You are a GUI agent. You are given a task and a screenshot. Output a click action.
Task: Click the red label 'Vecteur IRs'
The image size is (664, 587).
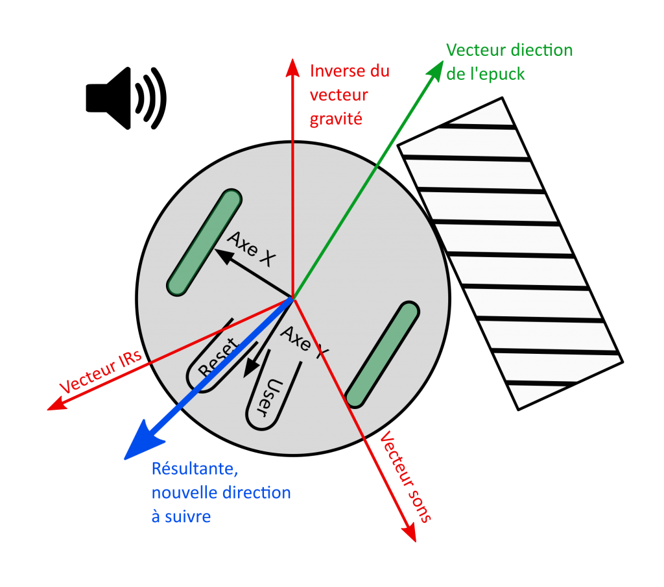tap(101, 374)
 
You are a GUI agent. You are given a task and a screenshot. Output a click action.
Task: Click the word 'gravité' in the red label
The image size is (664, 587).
tap(335, 119)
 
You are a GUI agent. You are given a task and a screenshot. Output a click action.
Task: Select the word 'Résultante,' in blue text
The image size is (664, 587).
tap(198, 468)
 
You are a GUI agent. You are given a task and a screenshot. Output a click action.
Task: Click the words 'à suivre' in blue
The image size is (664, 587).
tap(181, 517)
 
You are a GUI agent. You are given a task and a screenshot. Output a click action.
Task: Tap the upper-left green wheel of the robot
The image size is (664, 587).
tap(204, 242)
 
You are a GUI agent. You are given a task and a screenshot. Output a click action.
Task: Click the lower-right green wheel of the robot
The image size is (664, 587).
tap(381, 355)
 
